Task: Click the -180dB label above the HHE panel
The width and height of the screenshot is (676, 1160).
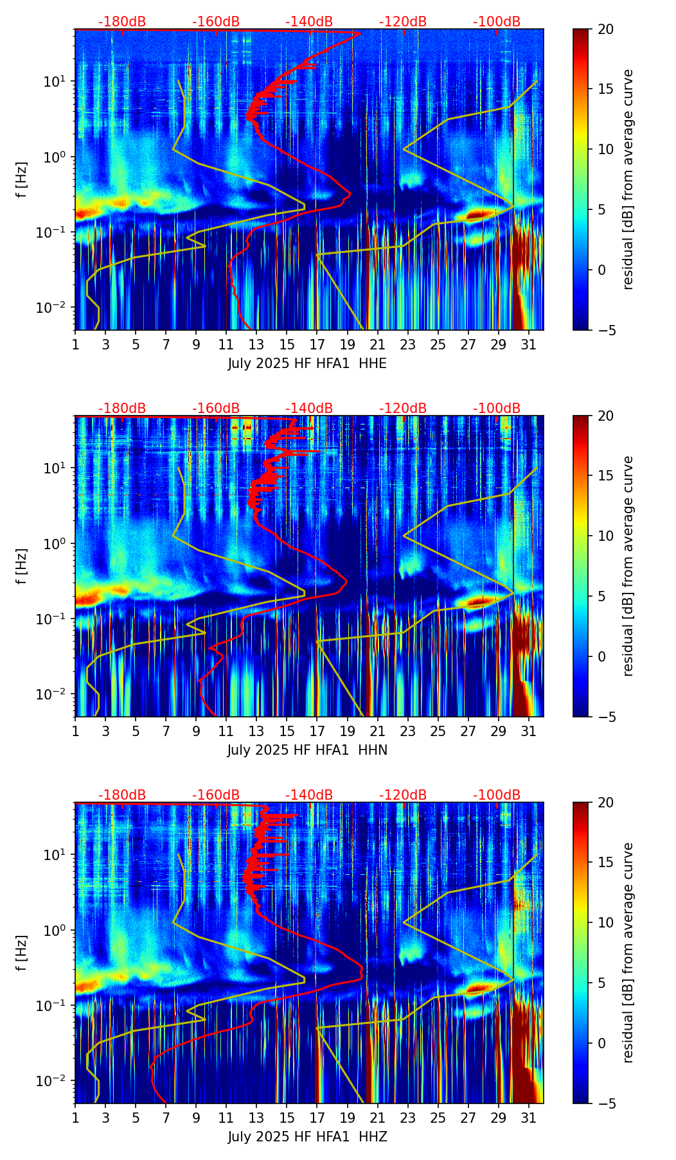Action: (x=122, y=22)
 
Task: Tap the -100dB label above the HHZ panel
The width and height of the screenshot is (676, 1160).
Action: (x=497, y=795)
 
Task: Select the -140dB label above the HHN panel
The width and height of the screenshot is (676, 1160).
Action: (x=309, y=409)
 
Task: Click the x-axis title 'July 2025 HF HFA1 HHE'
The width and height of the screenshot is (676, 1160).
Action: (x=307, y=364)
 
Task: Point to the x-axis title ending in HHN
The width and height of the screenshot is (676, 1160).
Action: (x=307, y=750)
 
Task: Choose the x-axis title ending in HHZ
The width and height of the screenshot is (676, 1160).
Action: (x=307, y=1137)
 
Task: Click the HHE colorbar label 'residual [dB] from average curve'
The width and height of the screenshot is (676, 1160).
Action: (x=628, y=179)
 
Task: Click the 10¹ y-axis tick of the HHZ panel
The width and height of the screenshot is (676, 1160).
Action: (x=55, y=855)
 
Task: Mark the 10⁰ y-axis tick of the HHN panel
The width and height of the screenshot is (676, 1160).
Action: (x=55, y=544)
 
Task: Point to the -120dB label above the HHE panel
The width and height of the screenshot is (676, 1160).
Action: (x=403, y=22)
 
